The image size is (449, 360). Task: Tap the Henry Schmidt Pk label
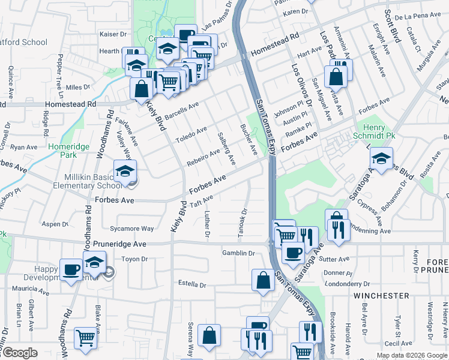click(x=377, y=133)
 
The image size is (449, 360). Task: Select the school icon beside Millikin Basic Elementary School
click(x=125, y=172)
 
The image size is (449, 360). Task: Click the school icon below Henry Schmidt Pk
click(x=381, y=159)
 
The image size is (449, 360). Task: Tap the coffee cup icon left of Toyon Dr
click(x=71, y=269)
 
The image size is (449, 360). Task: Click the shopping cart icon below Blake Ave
click(x=86, y=338)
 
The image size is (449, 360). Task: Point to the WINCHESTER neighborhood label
click(x=381, y=296)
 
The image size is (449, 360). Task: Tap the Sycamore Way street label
click(x=135, y=229)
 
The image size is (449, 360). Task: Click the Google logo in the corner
click(x=19, y=353)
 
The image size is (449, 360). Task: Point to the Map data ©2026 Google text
click(x=412, y=355)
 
